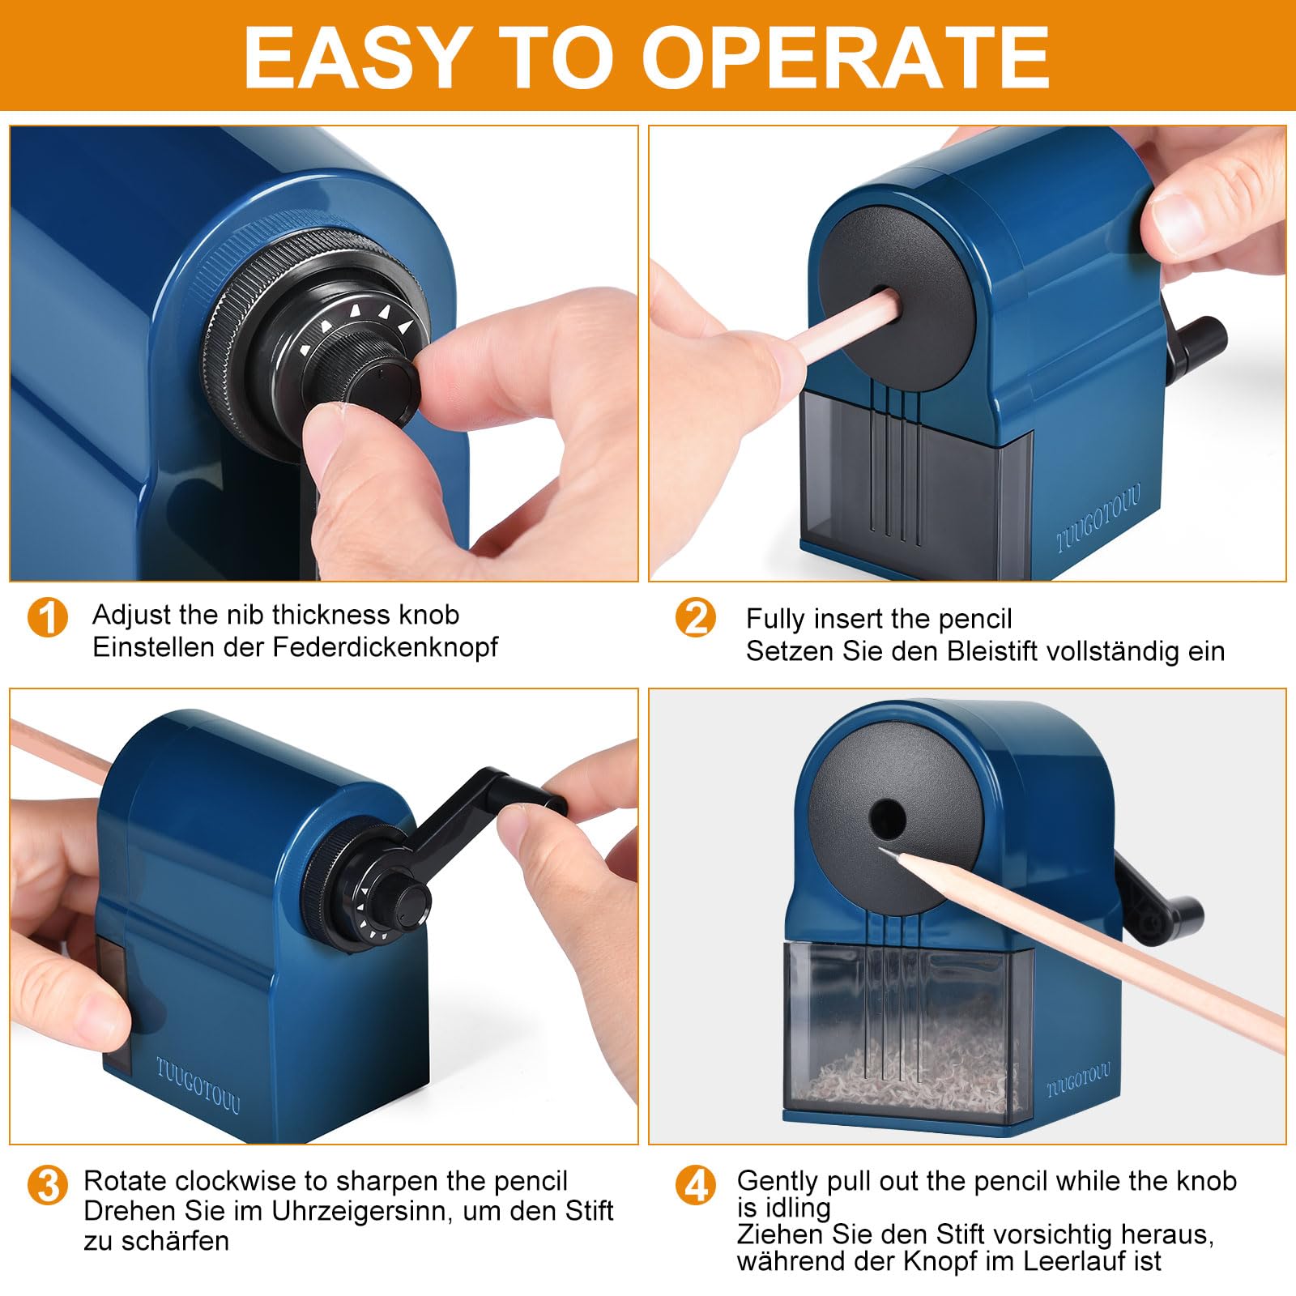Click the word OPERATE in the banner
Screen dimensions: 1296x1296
point(846,58)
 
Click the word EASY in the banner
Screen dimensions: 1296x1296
point(357,58)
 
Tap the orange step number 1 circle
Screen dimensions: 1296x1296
point(48,618)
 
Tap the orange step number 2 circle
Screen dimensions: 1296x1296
point(696,618)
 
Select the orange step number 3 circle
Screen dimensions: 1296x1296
point(48,1184)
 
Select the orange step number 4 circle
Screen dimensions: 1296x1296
point(696,1186)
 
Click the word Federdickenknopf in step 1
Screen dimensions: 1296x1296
point(386,647)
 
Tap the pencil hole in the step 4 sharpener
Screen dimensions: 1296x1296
point(887,819)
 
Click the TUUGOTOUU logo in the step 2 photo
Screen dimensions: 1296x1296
point(1098,518)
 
